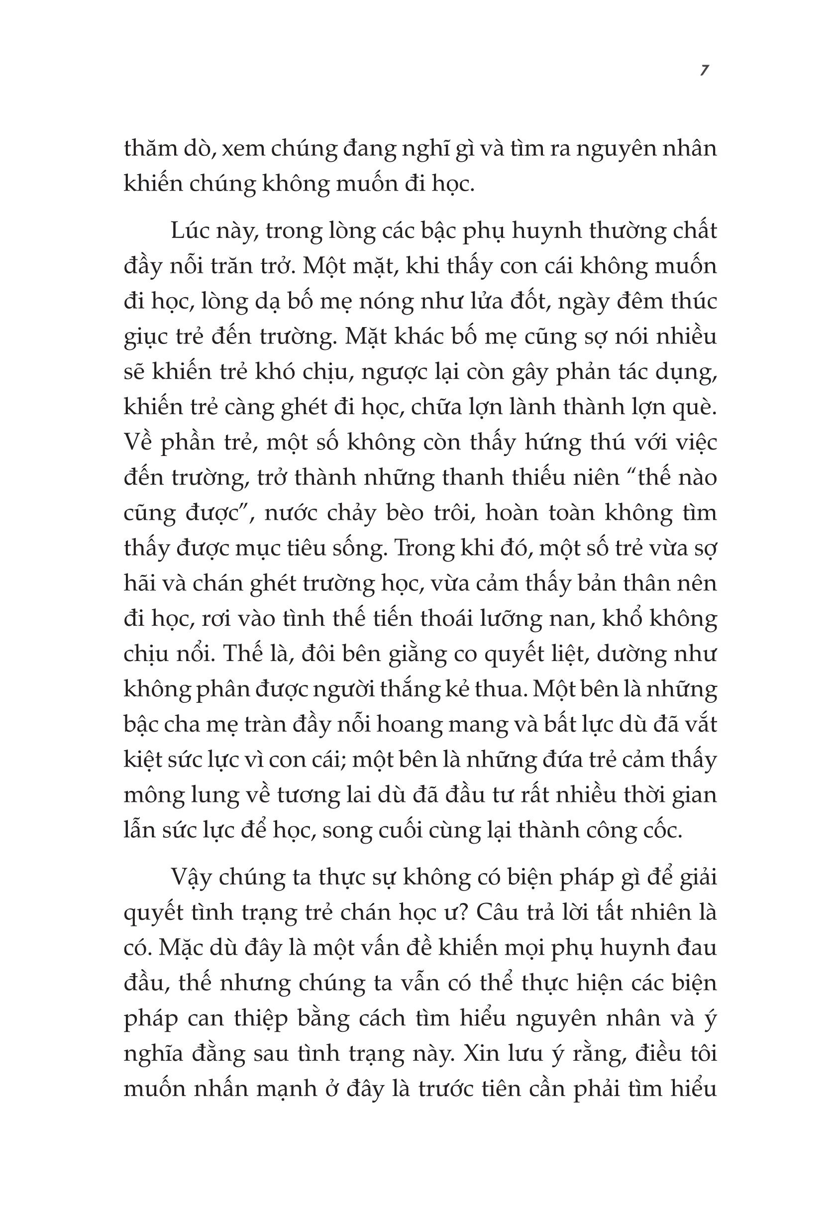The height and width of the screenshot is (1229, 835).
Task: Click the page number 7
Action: click(703, 71)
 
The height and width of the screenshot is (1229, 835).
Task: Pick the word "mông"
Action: click(152, 795)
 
